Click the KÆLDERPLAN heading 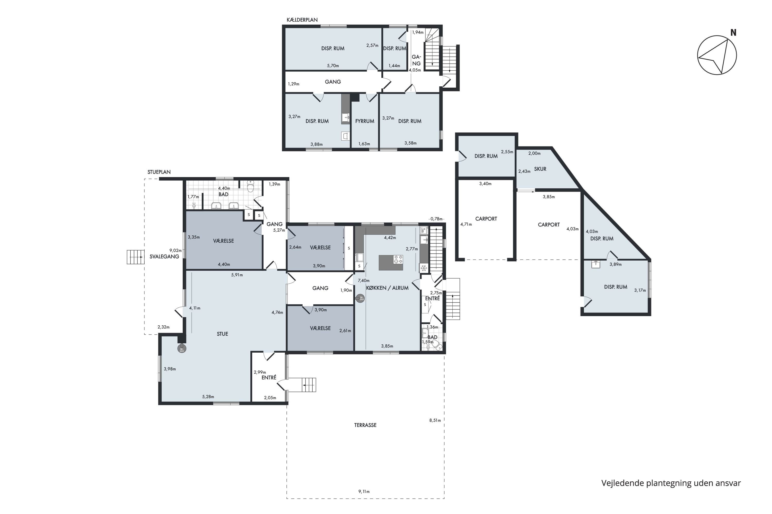302,20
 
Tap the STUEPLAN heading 159,172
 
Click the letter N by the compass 733,33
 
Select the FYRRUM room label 365,121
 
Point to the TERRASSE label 365,425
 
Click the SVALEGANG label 164,257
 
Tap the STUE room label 222,334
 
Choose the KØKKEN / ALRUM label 387,288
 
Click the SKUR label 540,169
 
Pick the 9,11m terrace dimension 364,491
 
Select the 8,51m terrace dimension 435,420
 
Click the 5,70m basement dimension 333,66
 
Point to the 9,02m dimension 176,250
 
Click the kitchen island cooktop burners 398,260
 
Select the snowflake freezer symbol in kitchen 424,268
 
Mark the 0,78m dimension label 436,219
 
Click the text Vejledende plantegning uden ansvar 671,483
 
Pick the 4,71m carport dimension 466,225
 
